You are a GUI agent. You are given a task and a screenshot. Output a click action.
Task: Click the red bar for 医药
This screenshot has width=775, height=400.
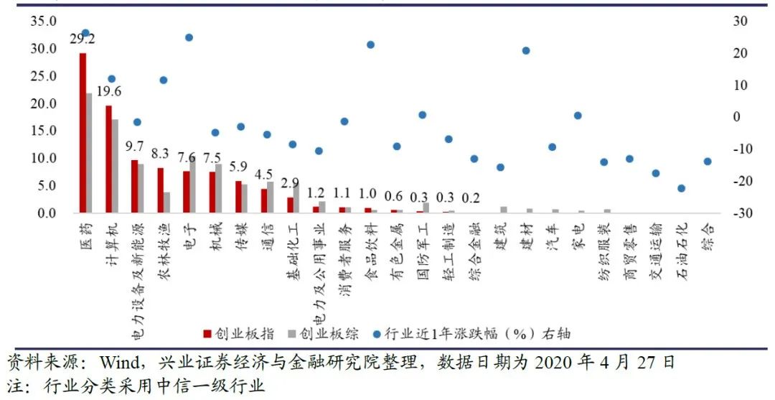[83, 133]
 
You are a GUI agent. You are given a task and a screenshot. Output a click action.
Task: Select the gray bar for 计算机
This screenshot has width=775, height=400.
[115, 166]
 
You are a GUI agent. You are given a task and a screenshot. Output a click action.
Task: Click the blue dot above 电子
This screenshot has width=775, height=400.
[189, 37]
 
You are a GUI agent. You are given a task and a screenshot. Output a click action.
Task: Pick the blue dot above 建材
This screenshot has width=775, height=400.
[526, 51]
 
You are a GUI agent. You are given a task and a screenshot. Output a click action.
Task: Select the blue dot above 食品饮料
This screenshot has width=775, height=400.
[370, 45]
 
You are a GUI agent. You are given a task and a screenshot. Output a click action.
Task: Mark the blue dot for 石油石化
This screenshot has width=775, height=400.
[682, 188]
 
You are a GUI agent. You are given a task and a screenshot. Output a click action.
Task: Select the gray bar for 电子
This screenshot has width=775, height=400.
[193, 183]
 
